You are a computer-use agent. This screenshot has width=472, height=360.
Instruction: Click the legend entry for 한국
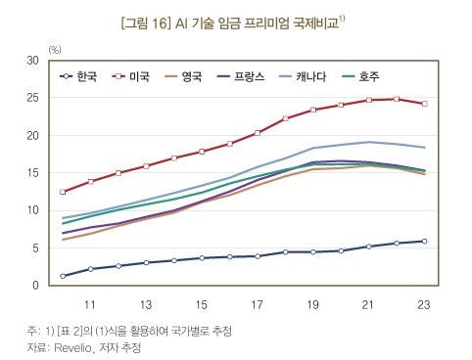83,76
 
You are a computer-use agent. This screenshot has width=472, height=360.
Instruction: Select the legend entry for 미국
141,76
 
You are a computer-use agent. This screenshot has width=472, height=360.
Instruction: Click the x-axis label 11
89,303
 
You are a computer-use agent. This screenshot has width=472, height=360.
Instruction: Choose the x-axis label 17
257,303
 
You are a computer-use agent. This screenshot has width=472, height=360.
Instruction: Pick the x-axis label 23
423,303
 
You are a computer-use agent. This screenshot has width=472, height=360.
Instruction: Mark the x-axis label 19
312,303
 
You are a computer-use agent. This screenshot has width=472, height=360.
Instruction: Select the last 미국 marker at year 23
424,104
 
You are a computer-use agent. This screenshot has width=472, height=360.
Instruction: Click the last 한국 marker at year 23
424,241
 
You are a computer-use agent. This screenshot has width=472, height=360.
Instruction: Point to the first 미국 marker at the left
63,192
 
